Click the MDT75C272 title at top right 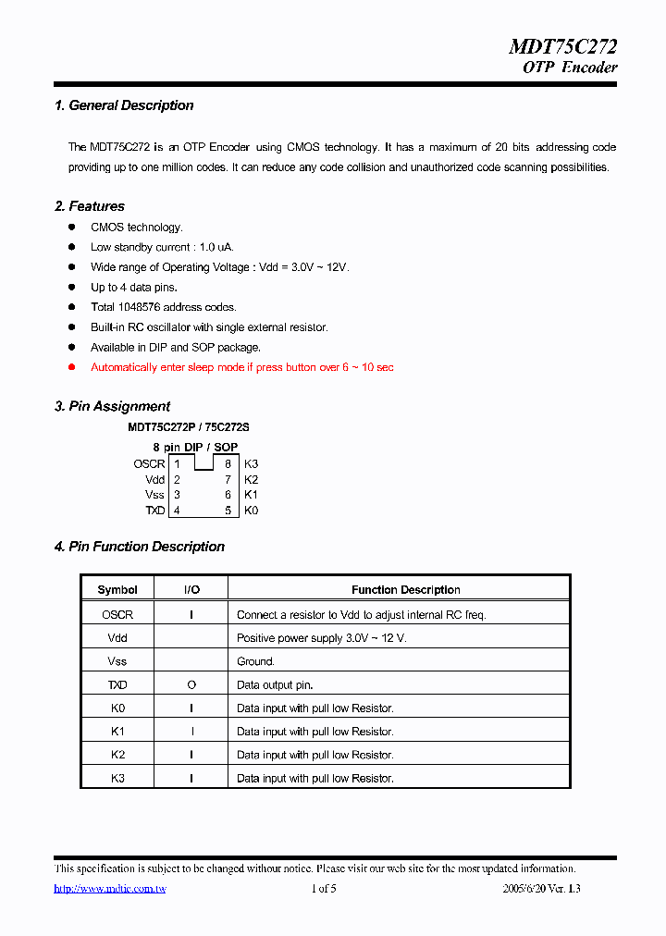[x=562, y=46]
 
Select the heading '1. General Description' [x=124, y=105]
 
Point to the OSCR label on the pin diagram [x=149, y=464]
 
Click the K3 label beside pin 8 [x=251, y=464]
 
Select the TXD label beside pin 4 [x=154, y=511]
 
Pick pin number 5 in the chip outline [x=228, y=511]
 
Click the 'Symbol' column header [x=117, y=590]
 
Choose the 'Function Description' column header [x=405, y=590]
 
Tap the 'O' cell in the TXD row [x=191, y=685]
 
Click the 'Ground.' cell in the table [x=255, y=661]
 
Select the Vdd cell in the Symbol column [x=117, y=638]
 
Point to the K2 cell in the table [x=117, y=755]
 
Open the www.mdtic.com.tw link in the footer [x=110, y=889]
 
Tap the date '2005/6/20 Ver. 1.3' [x=541, y=889]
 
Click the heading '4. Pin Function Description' [x=140, y=547]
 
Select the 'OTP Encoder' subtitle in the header [x=570, y=68]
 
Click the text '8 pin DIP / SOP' [x=195, y=447]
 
